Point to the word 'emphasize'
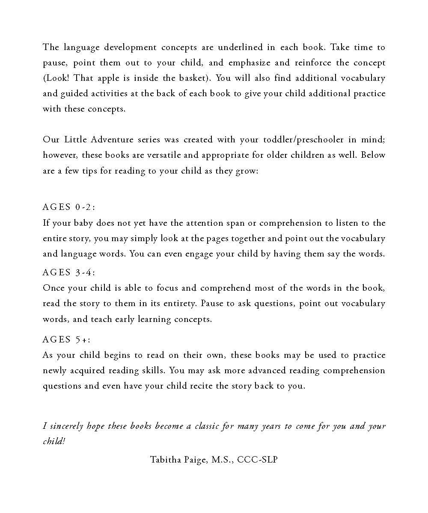tap(249, 63)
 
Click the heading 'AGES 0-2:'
tap(69, 207)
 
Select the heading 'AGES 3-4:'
tap(69, 272)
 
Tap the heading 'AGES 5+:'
tap(66, 340)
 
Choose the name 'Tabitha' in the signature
tap(165, 460)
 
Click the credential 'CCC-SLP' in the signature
tap(257, 460)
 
